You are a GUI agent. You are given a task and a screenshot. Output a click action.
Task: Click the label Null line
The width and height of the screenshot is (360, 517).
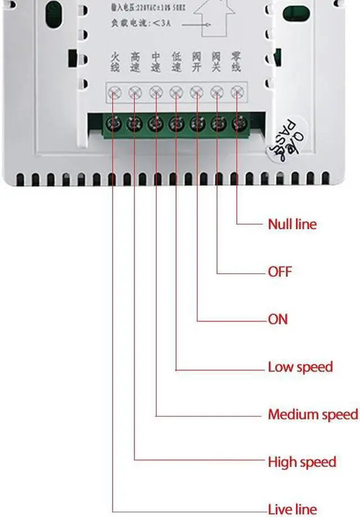(292, 224)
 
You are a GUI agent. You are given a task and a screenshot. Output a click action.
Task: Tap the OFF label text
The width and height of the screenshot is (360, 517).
(280, 271)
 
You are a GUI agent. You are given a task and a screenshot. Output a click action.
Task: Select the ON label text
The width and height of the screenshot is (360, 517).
(278, 319)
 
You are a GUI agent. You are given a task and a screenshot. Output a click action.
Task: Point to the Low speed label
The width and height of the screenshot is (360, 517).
(300, 367)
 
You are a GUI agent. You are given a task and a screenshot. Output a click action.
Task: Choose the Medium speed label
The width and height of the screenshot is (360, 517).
(313, 415)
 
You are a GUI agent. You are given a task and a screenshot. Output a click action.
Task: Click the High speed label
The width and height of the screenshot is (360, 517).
(302, 462)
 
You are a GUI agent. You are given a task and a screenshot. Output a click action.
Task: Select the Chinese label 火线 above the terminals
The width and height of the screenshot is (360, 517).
(114, 61)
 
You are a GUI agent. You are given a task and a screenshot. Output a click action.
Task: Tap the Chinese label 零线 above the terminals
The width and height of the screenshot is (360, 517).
(237, 61)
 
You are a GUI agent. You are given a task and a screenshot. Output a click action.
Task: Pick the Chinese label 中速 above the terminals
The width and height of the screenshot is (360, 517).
(155, 61)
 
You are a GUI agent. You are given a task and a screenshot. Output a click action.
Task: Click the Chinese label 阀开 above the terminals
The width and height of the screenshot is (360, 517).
(196, 61)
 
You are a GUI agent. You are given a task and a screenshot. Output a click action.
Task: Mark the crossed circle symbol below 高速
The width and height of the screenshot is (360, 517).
(135, 91)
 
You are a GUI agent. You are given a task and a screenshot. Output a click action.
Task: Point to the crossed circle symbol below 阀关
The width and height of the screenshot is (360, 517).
(217, 91)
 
